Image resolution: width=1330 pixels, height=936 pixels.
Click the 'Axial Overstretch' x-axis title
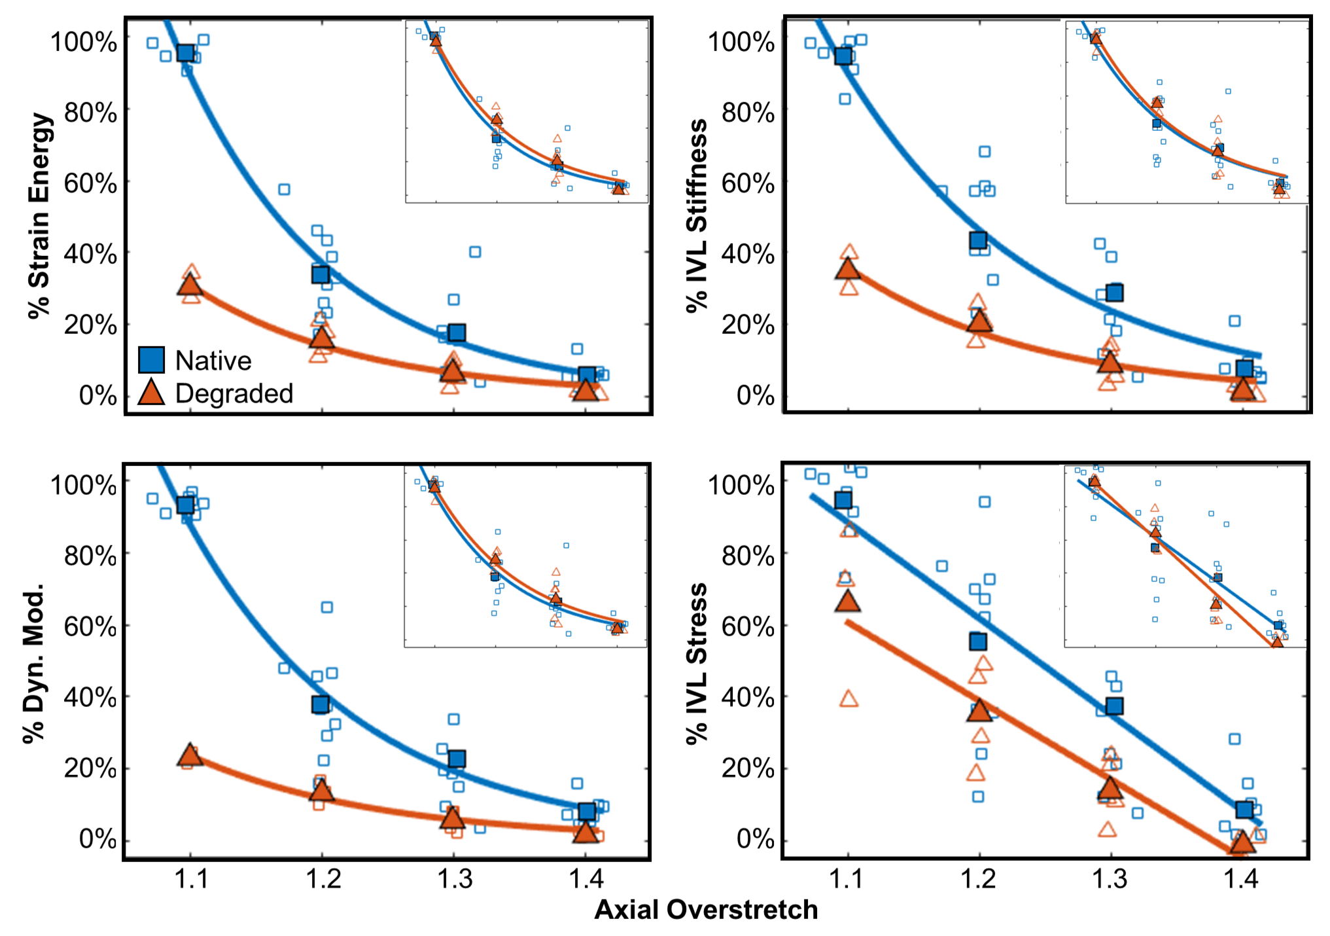pos(706,910)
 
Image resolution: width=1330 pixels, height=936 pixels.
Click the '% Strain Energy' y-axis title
pos(40,216)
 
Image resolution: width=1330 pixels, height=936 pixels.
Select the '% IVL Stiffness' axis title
pos(697,216)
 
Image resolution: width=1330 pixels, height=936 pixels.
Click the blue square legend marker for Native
pos(151,360)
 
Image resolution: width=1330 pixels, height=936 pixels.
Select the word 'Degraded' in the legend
pos(234,393)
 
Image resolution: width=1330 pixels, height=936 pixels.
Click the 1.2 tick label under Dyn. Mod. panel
pos(323,878)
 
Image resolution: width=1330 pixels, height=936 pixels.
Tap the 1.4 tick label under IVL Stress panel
pos(1241,878)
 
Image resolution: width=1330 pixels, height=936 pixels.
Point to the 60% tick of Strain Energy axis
pos(90,183)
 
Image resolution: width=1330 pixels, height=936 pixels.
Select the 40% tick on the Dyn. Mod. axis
pos(90,697)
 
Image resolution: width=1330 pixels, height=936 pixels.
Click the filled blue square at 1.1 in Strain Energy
pos(185,53)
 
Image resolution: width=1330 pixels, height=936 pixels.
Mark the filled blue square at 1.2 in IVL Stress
pos(978,641)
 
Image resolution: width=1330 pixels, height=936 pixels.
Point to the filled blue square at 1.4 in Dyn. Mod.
pos(587,812)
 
